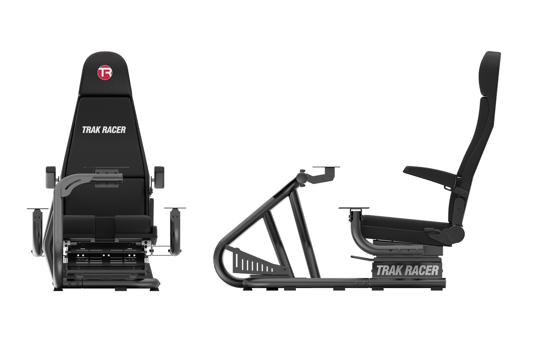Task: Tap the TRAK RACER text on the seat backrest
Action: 104,130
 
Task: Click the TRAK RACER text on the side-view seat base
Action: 407,270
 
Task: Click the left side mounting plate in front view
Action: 38,208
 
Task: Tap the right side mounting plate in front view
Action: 175,208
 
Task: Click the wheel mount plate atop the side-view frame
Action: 326,167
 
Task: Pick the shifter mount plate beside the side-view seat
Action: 354,208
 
